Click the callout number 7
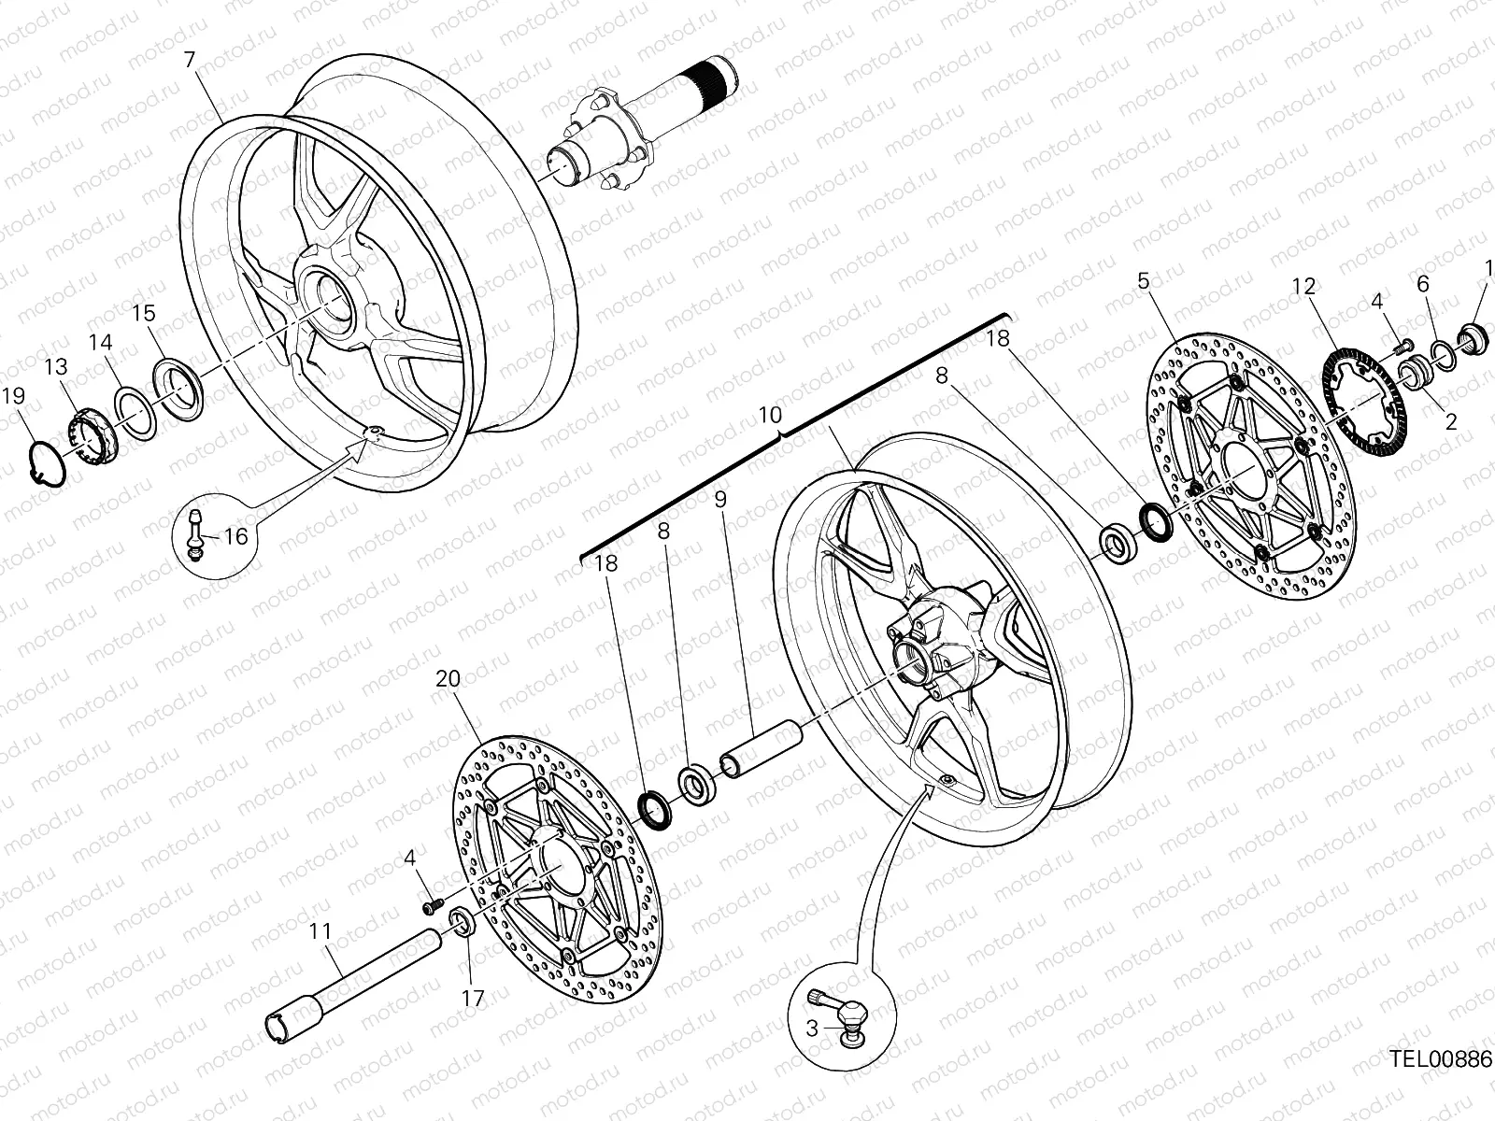tap(190, 60)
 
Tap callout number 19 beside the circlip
tap(12, 396)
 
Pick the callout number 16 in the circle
tap(235, 536)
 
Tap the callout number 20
tap(448, 679)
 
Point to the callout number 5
tap(1144, 280)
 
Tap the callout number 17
tap(474, 998)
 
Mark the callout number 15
tap(143, 313)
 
